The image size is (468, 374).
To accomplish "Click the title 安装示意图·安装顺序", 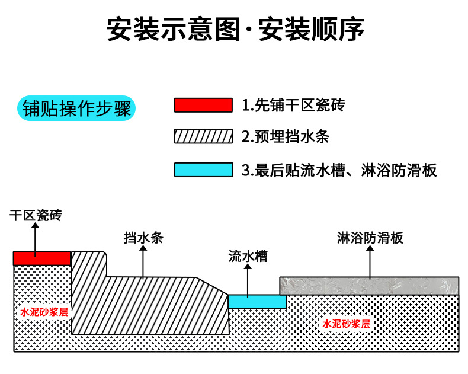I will [235, 28].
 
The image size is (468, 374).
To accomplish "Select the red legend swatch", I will [203, 106].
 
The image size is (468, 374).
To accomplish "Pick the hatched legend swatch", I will [203, 136].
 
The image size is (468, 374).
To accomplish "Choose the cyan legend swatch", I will [203, 170].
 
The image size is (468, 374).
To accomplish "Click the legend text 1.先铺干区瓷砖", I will [293, 106].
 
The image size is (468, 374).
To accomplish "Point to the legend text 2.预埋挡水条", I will [286, 137].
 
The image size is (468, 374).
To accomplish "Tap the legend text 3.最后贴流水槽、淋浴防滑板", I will [339, 170].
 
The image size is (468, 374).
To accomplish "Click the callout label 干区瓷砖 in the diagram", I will [35, 215].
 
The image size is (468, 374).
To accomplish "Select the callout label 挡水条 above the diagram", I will [143, 238].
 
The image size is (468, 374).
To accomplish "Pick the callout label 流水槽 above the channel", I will [248, 256].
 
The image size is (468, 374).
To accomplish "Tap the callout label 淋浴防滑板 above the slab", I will [370, 238].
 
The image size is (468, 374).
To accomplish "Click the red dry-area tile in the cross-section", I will [42, 258].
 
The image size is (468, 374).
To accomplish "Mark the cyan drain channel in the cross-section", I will [257, 302].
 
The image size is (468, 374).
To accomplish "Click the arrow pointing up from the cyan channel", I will [248, 279].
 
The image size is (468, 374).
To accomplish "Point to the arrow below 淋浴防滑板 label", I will [370, 261].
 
